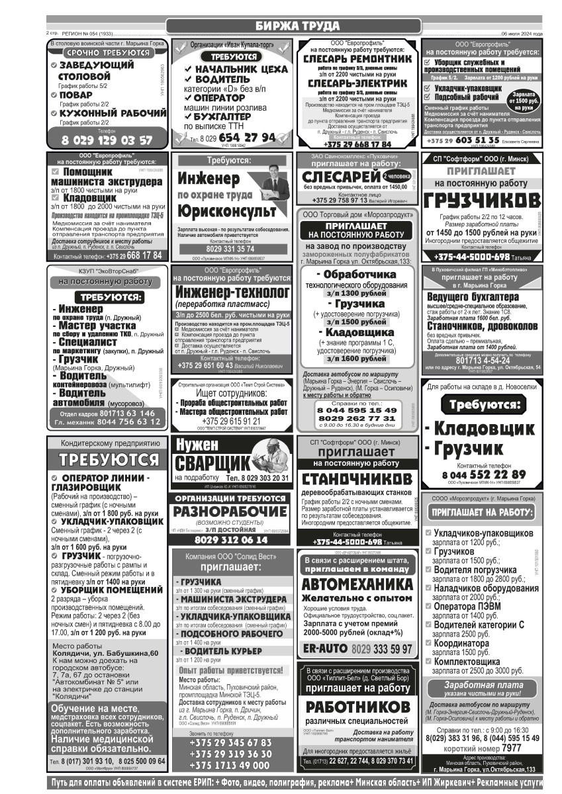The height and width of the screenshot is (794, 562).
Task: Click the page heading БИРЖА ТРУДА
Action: pos(293,26)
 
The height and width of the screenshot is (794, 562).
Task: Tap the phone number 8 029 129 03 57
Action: pos(107,140)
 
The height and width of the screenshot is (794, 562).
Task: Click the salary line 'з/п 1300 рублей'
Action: pos(359,293)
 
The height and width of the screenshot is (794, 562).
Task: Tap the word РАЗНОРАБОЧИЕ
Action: pos(230,511)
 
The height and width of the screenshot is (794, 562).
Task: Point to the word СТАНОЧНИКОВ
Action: pos(357,478)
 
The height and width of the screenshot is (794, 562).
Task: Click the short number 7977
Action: pos(511,748)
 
